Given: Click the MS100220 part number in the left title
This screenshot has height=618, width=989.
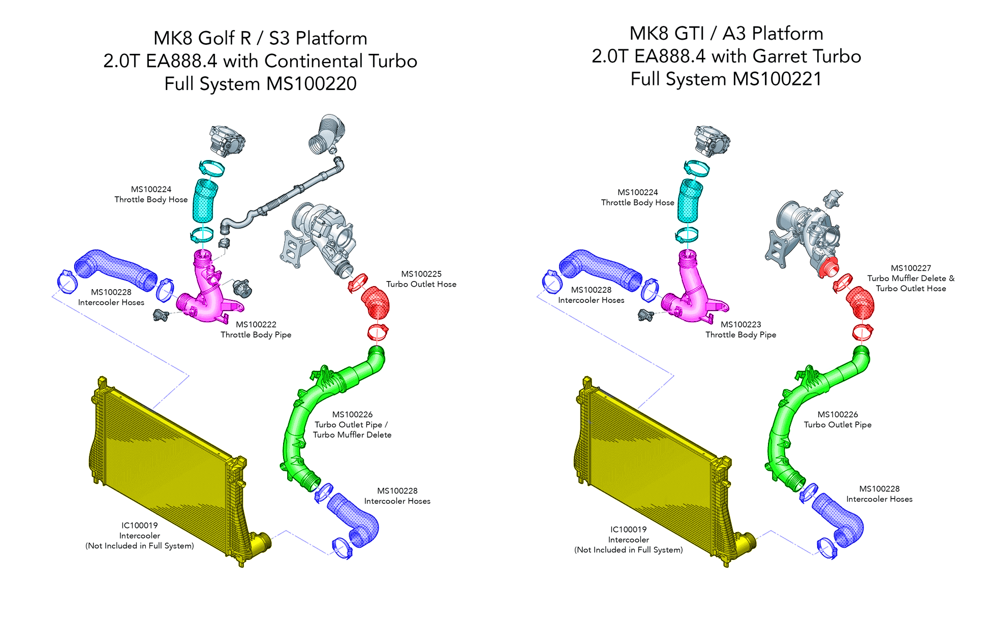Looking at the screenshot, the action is (x=312, y=84).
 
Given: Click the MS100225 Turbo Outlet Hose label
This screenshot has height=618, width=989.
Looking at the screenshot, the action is (x=421, y=279).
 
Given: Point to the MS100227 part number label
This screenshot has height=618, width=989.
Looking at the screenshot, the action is (x=911, y=268).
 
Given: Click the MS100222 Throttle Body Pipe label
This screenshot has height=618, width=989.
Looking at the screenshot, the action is (x=256, y=329).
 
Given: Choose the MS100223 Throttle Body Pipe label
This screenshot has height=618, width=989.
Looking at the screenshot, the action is (x=740, y=329).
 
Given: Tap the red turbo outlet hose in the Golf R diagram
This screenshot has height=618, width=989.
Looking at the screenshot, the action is (x=376, y=303).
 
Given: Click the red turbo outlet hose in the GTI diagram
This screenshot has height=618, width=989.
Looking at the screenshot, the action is (x=860, y=303).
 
